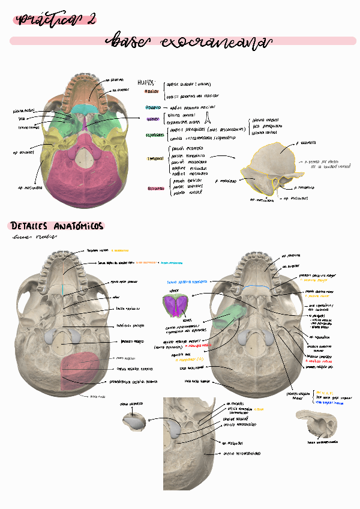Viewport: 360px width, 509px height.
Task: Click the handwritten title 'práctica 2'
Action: coord(58,20)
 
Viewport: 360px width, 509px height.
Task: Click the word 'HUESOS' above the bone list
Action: coord(146,82)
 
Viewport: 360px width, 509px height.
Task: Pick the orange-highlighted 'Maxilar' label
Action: coord(152,91)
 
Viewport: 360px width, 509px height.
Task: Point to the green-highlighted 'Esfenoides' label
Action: coord(155,135)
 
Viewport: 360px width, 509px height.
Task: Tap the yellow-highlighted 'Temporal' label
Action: coord(155,159)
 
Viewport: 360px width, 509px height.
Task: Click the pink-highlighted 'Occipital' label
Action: coord(155,188)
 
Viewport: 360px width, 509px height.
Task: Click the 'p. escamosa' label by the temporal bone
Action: coord(306,143)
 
